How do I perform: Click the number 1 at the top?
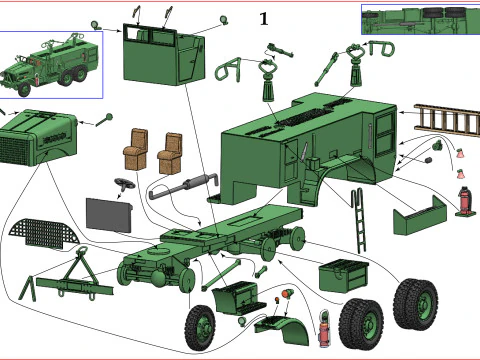(x=264, y=19)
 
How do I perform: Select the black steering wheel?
(x=124, y=184)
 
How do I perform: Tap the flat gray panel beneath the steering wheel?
(x=109, y=215)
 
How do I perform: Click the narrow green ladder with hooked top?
(x=360, y=220)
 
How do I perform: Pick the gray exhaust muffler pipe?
(x=184, y=186)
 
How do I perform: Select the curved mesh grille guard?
(x=44, y=233)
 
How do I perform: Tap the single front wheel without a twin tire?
(x=200, y=328)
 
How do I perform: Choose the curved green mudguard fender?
(x=284, y=329)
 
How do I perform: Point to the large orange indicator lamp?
(x=287, y=294)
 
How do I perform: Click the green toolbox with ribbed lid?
(x=344, y=276)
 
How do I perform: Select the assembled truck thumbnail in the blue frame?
(x=51, y=65)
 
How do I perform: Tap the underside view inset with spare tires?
(x=421, y=19)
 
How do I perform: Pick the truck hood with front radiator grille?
(x=37, y=138)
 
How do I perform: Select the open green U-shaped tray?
(x=420, y=217)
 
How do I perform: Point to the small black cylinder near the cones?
(x=428, y=161)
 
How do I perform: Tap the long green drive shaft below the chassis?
(x=221, y=275)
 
